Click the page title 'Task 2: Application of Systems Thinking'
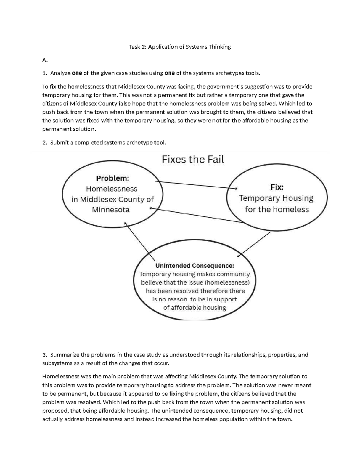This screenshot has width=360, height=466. coord(180,47)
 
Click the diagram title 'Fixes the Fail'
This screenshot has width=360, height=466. coord(193,159)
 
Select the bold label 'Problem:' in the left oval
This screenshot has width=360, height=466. coord(112,178)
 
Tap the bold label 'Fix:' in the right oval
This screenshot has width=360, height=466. coord(277,187)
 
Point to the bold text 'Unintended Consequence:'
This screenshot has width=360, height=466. coord(194,266)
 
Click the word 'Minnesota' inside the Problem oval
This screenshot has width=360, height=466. coord(111,210)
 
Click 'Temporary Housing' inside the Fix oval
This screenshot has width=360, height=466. coord(276,198)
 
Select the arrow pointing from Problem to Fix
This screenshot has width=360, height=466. coord(196,185)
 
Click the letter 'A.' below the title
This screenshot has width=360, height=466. coord(45,60)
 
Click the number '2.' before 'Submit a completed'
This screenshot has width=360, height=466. coord(45,143)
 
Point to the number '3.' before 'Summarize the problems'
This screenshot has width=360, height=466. coord(45,355)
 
